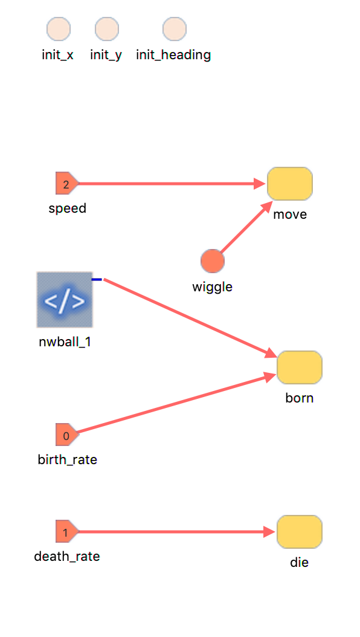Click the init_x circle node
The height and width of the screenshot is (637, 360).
coord(59,29)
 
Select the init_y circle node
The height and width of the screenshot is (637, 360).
coord(107,29)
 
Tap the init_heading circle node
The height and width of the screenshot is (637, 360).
coord(175,29)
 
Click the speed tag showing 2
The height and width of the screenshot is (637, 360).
coord(67,184)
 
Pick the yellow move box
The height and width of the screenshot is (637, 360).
coord(290,184)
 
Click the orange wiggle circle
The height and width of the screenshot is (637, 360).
coord(212,261)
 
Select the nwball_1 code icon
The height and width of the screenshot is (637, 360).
coord(65,299)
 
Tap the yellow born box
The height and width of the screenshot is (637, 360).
coord(300,367)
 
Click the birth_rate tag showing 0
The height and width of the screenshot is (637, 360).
coord(67,435)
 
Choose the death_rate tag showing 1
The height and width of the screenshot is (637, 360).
coord(67,531)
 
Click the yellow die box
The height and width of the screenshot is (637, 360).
coord(300,532)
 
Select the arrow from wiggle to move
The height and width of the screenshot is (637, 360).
coord(246,227)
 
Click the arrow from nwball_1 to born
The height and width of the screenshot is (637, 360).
coord(190,318)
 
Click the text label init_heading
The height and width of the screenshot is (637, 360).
coord(173,55)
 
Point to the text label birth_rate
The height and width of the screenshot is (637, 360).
coord(68,460)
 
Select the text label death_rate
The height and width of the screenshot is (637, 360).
coord(67,556)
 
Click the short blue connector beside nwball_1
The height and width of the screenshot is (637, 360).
coord(97,279)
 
